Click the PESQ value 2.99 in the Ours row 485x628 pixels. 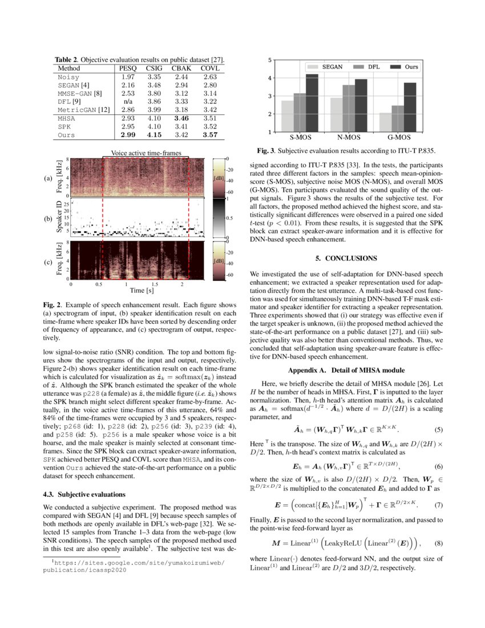[x=127, y=135]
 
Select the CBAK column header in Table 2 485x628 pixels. [x=181, y=68]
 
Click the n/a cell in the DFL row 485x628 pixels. [x=127, y=101]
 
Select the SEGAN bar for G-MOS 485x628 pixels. [x=386, y=122]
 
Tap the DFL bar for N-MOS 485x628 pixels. [x=347, y=108]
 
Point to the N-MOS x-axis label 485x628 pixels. [x=347, y=138]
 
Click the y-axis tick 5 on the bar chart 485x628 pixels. [x=270, y=60]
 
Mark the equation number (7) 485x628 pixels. [x=439, y=505]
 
